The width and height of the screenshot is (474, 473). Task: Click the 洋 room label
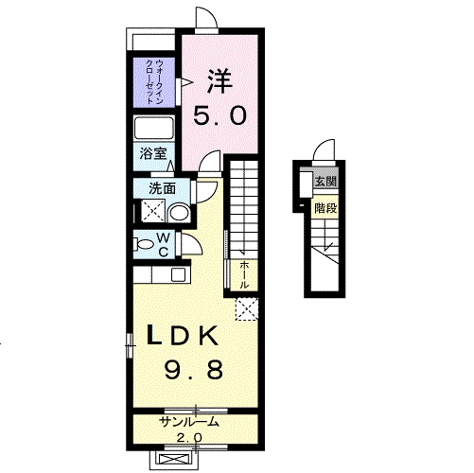219,81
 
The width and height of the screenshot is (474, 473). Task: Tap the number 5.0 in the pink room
219,115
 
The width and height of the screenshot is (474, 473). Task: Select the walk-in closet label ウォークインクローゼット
154,82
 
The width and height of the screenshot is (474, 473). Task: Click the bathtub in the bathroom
154,129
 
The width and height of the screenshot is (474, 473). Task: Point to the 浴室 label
153,154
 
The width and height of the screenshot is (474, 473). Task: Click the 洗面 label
162,189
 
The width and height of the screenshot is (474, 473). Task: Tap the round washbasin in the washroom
179,213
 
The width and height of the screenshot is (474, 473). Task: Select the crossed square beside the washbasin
153,211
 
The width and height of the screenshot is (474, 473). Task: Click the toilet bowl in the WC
145,244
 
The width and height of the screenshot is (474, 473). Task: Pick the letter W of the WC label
163,237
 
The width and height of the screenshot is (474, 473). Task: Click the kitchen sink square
179,274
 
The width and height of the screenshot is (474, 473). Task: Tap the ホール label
244,274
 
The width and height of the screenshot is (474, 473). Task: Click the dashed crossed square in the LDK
247,309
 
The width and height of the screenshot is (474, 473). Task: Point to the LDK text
183,336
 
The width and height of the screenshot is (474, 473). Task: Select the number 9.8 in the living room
194,370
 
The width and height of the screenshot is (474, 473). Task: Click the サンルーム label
189,422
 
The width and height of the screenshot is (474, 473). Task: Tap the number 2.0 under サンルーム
189,437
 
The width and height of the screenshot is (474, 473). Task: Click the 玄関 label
325,182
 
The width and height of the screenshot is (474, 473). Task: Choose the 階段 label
325,208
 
